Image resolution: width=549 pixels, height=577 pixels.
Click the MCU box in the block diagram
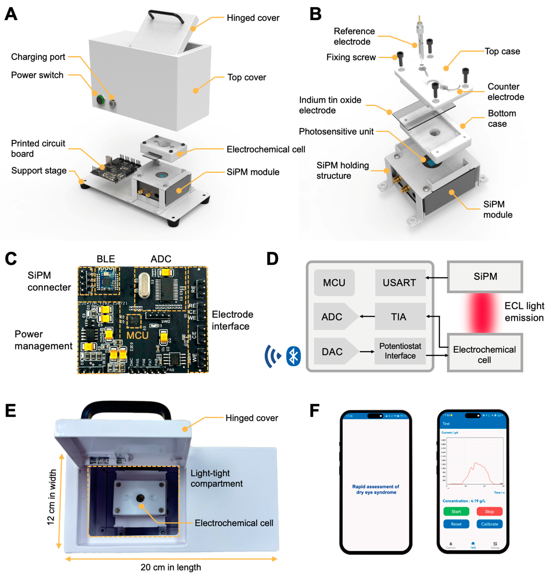click(334, 283)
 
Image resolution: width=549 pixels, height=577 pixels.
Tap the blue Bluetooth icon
click(293, 356)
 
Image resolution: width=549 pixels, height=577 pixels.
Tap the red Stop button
click(489, 511)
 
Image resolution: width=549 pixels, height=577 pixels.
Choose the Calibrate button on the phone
click(489, 524)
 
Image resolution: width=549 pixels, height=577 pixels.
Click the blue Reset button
click(456, 524)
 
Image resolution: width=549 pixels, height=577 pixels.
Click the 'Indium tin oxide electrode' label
click(330, 105)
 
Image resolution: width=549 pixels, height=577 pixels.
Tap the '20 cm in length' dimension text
click(171, 567)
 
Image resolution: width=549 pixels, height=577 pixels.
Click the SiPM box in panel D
click(485, 276)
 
